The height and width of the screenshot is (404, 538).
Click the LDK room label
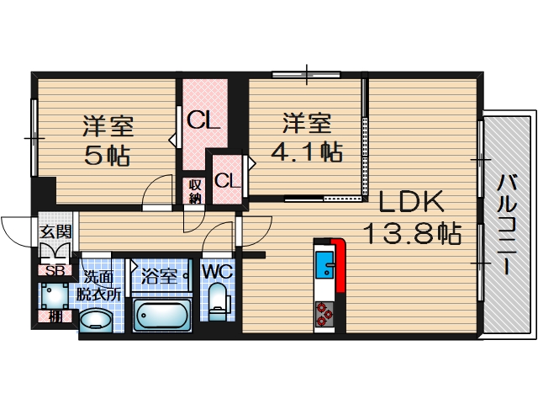pyautogui.click(x=411, y=202)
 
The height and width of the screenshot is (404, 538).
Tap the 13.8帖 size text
pyautogui.click(x=412, y=234)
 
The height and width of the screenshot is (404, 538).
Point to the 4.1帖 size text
pyautogui.click(x=306, y=151)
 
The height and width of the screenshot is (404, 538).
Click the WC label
pyautogui.click(x=218, y=272)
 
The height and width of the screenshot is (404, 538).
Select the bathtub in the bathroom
pyautogui.click(x=161, y=314)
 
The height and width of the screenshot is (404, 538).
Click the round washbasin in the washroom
pyautogui.click(x=96, y=321)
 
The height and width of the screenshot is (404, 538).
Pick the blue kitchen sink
pyautogui.click(x=324, y=264)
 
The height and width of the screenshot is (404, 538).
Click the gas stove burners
pyautogui.click(x=324, y=313)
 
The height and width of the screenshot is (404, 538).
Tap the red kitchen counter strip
pyautogui.click(x=339, y=264)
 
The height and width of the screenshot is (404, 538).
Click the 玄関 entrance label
pyautogui.click(x=55, y=232)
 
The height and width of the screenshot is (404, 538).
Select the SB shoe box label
pyautogui.click(x=55, y=271)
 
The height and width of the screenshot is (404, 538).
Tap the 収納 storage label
pyautogui.click(x=194, y=192)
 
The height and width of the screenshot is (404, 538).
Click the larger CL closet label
pyautogui.click(x=203, y=120)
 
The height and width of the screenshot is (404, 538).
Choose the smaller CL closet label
pyautogui.click(x=228, y=180)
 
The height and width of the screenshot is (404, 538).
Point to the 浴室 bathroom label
pyautogui.click(x=159, y=276)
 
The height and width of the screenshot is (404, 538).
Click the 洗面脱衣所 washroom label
pyautogui.click(x=98, y=285)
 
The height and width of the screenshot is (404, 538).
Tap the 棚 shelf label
pyautogui.click(x=55, y=316)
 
